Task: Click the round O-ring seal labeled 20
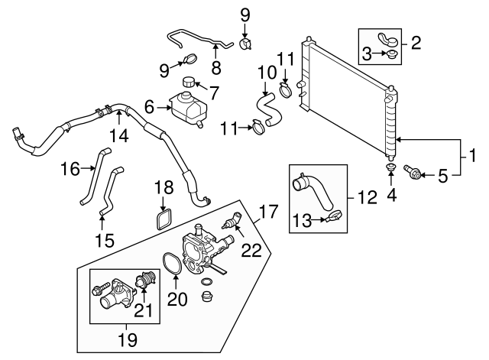click(x=173, y=264)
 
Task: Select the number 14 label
click(x=119, y=137)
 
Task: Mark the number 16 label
click(x=70, y=169)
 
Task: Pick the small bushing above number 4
click(x=390, y=167)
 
